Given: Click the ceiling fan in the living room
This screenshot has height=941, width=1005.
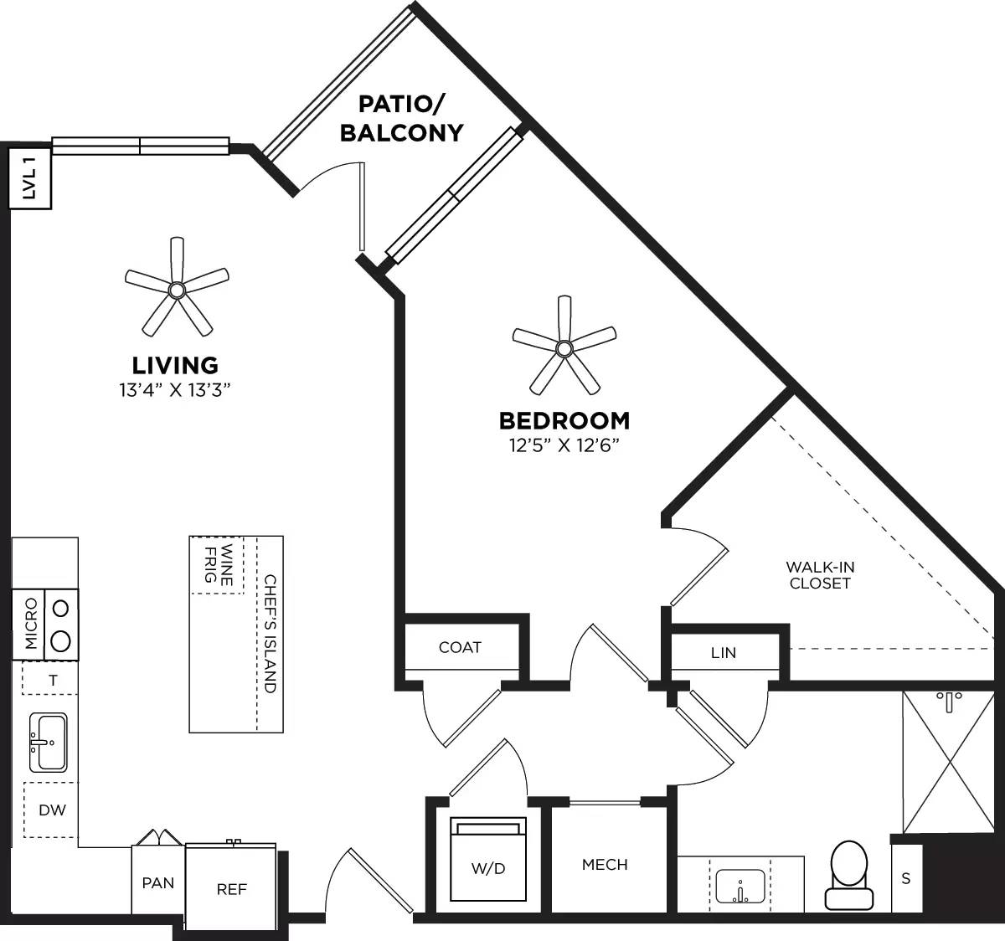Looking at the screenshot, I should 176,290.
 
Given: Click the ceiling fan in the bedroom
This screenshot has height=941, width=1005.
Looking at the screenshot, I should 564,347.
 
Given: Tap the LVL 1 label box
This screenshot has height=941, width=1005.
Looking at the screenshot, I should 30,178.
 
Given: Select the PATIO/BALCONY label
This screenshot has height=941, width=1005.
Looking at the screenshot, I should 401,119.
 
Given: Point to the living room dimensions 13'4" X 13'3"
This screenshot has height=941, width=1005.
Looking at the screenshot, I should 174,389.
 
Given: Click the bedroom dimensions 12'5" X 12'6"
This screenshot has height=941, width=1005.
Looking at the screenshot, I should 564,445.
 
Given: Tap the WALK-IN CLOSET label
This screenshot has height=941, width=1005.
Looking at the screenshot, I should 820,575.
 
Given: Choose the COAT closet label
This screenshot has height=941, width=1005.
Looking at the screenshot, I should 460,647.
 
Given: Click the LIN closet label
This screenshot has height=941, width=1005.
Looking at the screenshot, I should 723,652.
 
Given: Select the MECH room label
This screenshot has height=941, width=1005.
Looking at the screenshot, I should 605,864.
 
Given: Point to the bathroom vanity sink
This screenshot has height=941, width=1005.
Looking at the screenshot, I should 740,886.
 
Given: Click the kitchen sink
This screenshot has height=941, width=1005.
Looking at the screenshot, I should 48,742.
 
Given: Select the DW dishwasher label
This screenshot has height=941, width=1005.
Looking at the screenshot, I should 52,810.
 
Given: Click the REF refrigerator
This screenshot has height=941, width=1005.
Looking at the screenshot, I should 231,887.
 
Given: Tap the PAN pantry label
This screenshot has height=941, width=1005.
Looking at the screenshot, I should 158,882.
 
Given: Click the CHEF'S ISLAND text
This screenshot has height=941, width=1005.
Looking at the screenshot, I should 270,634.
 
